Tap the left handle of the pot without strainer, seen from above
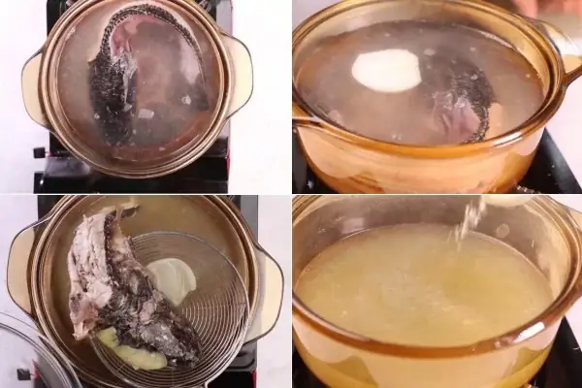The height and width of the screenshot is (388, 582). click(x=34, y=92)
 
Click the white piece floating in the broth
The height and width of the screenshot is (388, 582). click(x=386, y=71)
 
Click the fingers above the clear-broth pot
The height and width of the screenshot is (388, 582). click(x=529, y=8)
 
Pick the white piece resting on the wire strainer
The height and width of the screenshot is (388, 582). click(x=172, y=279)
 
